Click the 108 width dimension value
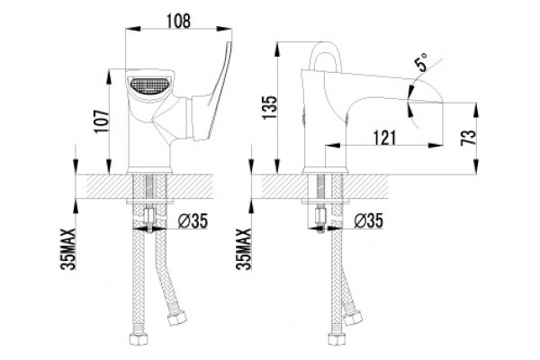coord(178,21)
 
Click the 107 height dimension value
coord(102,122)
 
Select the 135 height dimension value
coord(270,107)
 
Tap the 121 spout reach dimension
coord(384,138)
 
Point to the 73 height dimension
coord(469,138)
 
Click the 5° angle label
coord(421,62)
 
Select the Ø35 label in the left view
coord(193,220)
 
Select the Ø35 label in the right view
coord(368,220)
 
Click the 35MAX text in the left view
coord(69,249)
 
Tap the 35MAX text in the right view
coord(244,249)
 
